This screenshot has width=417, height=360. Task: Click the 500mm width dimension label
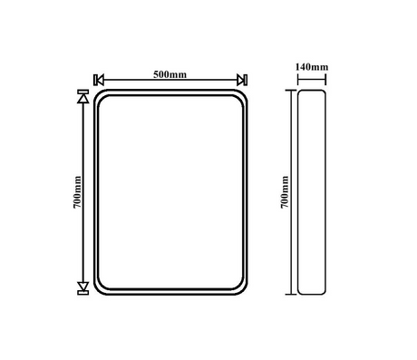click(x=170, y=74)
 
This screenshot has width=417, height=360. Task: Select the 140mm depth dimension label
click(x=312, y=67)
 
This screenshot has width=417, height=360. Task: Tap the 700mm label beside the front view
click(x=77, y=192)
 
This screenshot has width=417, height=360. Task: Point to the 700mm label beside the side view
click(x=285, y=192)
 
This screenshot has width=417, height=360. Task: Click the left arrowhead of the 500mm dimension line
click(x=101, y=80)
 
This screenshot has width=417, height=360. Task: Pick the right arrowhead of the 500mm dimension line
click(x=240, y=80)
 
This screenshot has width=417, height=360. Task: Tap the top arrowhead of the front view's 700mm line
click(x=83, y=99)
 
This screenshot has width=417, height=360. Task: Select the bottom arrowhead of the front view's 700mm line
click(x=83, y=286)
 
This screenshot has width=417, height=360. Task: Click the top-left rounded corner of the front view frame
click(x=98, y=95)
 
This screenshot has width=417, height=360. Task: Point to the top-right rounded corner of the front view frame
click(x=243, y=95)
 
